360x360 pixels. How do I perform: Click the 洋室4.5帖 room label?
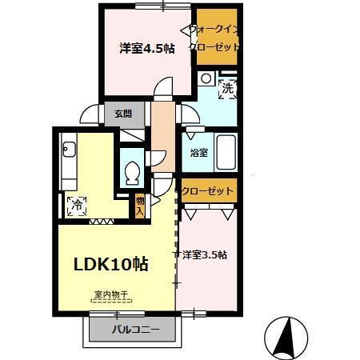(147, 48)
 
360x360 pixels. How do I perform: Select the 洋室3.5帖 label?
(204, 255)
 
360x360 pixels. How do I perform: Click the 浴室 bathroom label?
(199, 152)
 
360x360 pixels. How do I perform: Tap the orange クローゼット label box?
(208, 191)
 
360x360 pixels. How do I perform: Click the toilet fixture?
(132, 170)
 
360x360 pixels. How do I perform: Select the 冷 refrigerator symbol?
(78, 203)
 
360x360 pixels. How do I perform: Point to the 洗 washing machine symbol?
(226, 88)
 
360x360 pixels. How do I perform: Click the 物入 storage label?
(140, 206)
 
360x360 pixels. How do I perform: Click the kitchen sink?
(67, 149)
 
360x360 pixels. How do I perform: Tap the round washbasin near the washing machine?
(206, 78)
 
